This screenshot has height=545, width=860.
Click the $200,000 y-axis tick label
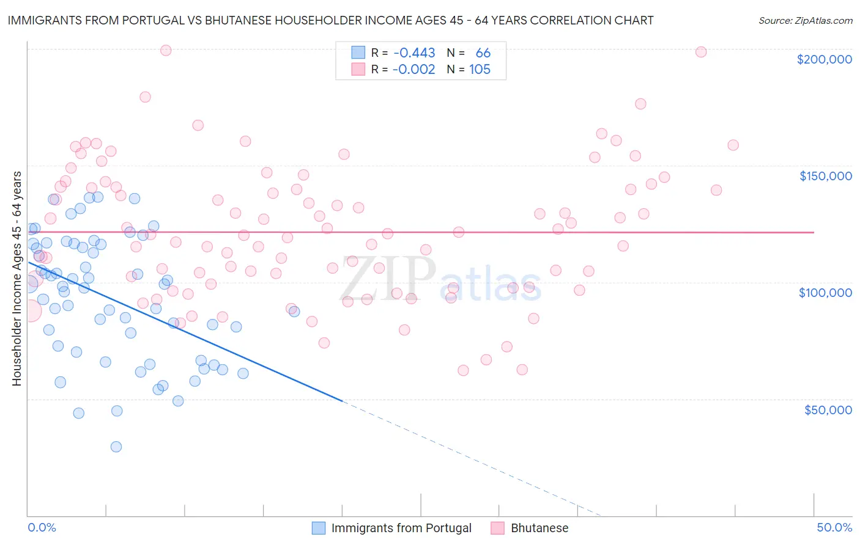[x=824, y=59]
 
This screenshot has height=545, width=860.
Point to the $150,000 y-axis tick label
[x=825, y=176]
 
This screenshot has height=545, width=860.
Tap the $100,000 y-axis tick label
[x=825, y=293]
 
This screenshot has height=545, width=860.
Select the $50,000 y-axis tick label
[x=828, y=410]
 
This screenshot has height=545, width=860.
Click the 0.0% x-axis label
[x=42, y=527]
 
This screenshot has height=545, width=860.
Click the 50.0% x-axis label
[x=834, y=527]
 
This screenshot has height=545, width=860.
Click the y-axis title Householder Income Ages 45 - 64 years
[x=17, y=279]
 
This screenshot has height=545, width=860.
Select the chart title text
[x=330, y=20]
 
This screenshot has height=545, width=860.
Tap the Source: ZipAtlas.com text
[x=805, y=20]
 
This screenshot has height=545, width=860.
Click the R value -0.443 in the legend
[x=414, y=53]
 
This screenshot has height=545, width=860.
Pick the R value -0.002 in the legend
[x=414, y=70]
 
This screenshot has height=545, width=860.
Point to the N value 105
[x=480, y=70]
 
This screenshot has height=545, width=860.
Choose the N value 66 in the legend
[x=483, y=53]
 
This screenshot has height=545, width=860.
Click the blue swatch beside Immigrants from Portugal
[x=319, y=528]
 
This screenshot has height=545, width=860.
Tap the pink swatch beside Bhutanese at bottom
[x=497, y=528]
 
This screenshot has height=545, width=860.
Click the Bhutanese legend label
[x=539, y=528]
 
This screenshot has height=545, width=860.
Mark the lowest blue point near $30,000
[x=116, y=447]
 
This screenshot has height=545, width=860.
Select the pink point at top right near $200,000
[x=701, y=52]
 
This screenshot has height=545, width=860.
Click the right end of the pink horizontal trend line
[x=814, y=232]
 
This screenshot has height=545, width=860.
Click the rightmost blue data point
[x=294, y=311]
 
